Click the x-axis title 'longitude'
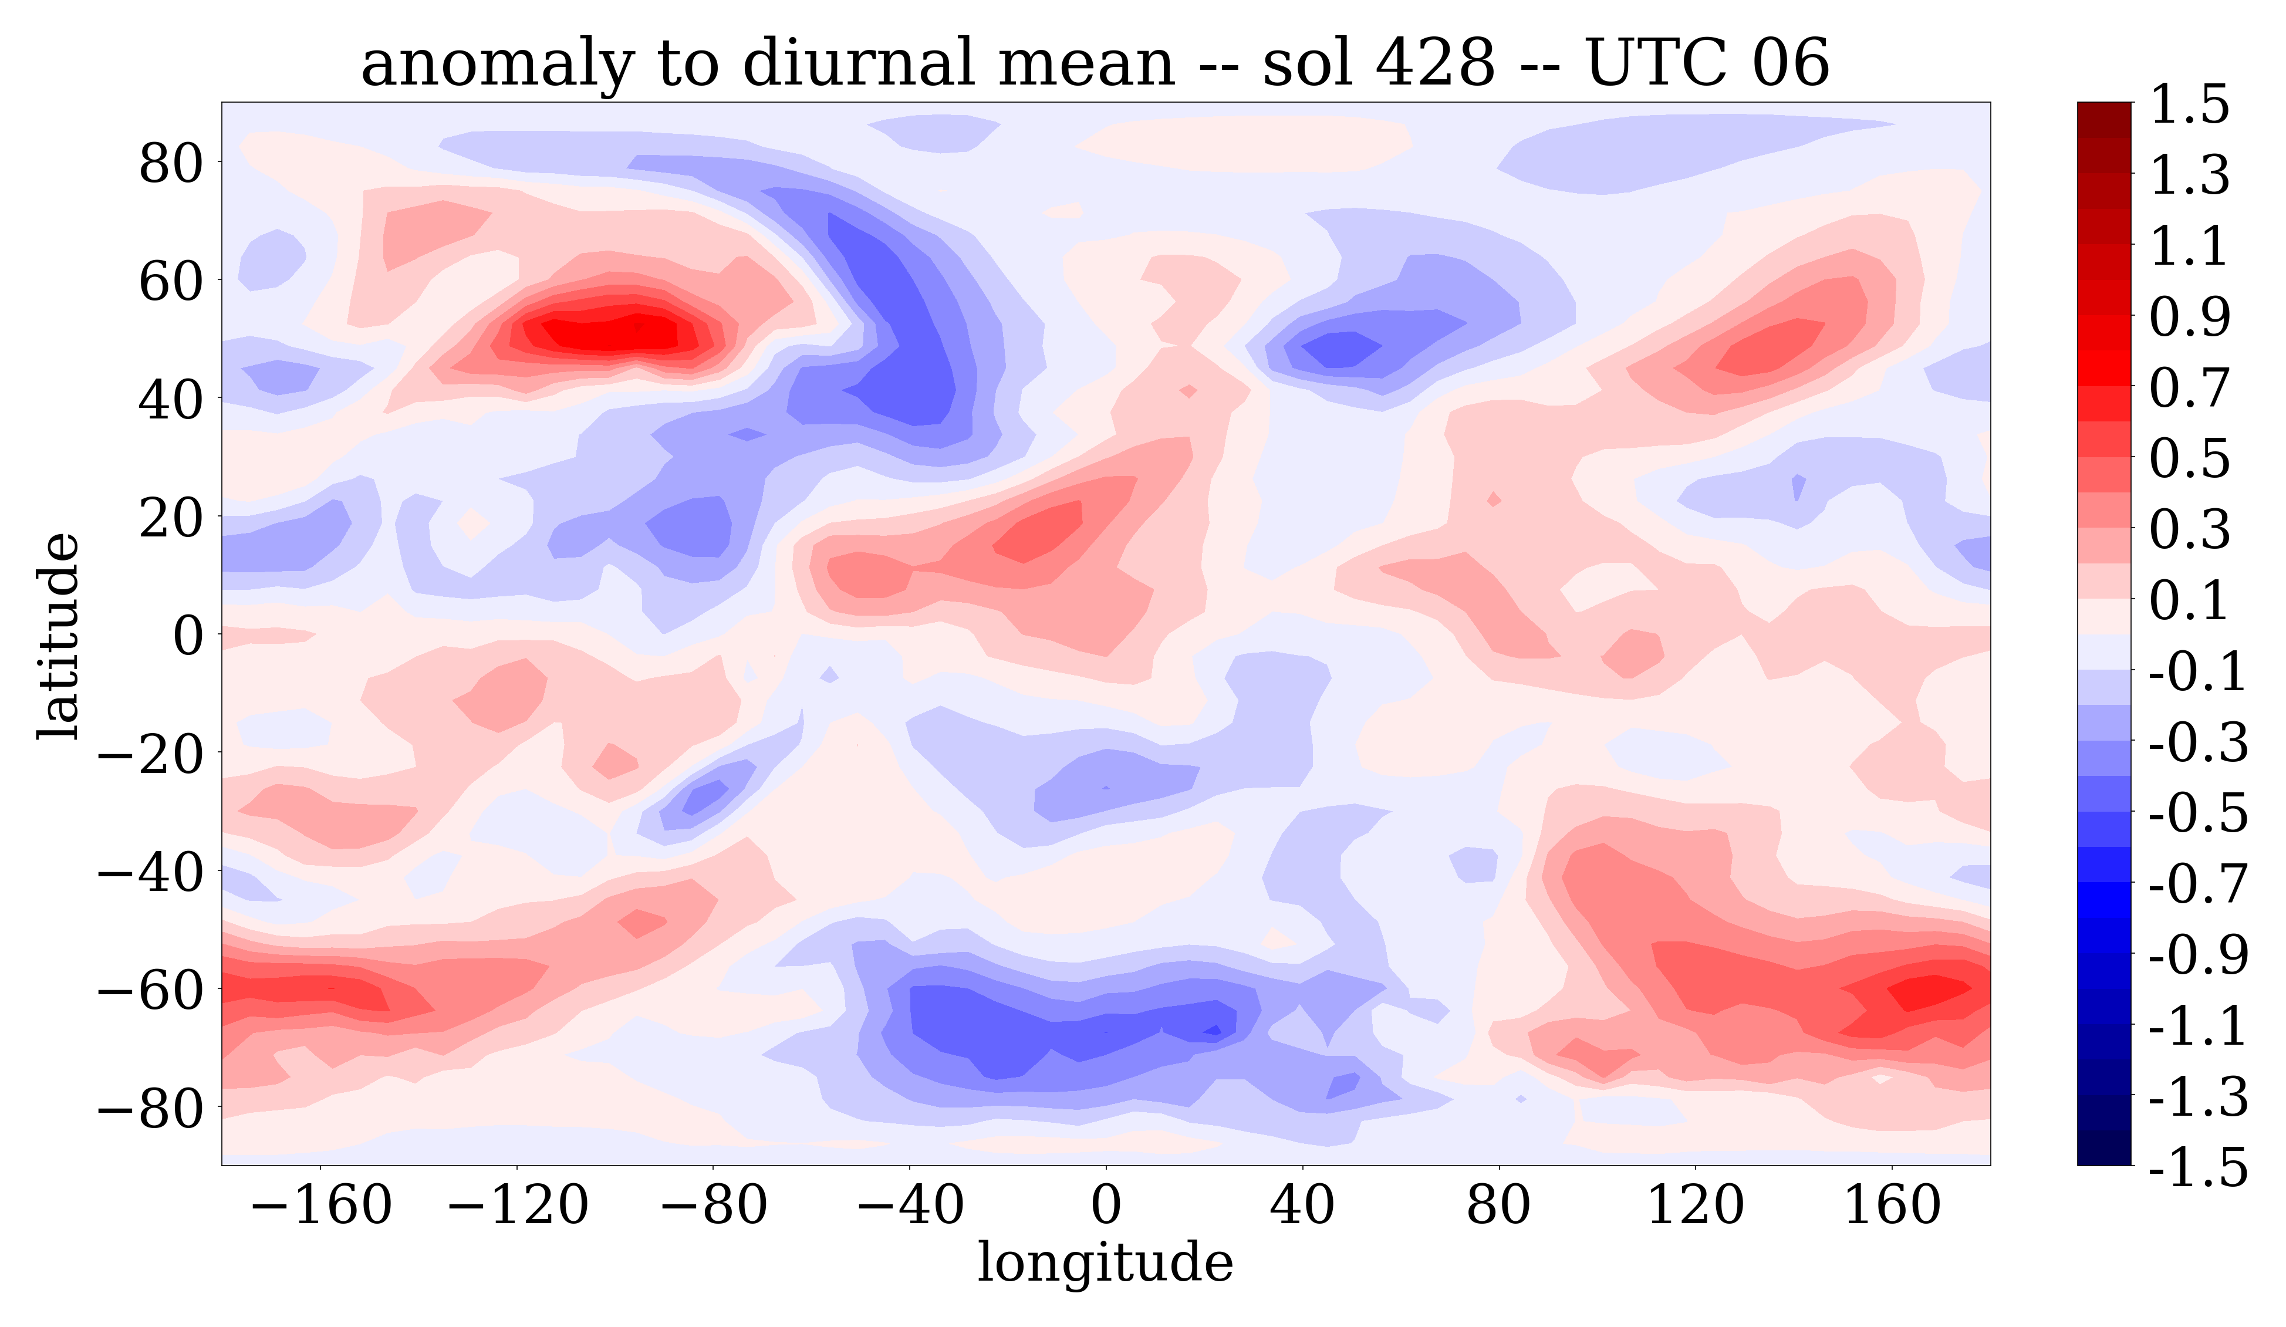point(1105,1262)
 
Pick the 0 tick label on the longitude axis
point(1106,1206)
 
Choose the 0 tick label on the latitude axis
point(188,635)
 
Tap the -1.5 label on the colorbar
point(2198,1167)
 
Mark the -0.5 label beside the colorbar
point(2198,813)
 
